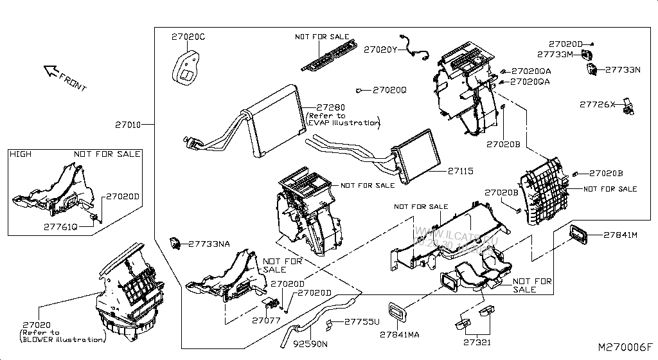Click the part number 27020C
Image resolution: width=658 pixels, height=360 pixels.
coord(188,37)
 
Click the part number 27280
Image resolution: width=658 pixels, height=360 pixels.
coord(331,107)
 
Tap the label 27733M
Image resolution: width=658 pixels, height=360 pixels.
coord(555,55)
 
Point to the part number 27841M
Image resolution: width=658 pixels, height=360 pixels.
coord(620,235)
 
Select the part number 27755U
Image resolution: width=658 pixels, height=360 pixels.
coord(362,321)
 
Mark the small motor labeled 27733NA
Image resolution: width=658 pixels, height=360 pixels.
coord(173,243)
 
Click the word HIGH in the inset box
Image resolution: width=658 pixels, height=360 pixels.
coord(21,154)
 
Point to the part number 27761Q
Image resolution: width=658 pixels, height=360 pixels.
coord(60,226)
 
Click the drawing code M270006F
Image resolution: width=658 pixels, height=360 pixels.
coord(625,347)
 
